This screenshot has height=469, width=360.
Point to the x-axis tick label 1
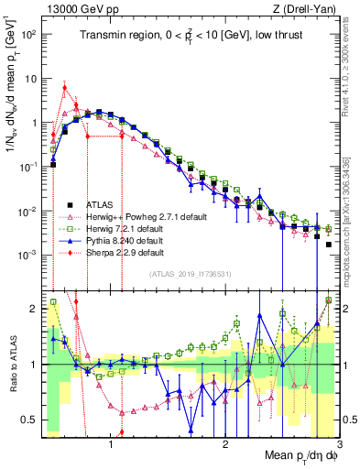click(111, 446)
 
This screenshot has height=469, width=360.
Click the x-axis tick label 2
click(224, 446)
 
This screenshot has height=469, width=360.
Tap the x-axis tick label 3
click(338, 446)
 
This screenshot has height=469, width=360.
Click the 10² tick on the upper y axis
click(29, 34)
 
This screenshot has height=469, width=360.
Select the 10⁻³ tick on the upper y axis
click(29, 255)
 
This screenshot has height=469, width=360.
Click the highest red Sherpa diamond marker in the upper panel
click(64, 88)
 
